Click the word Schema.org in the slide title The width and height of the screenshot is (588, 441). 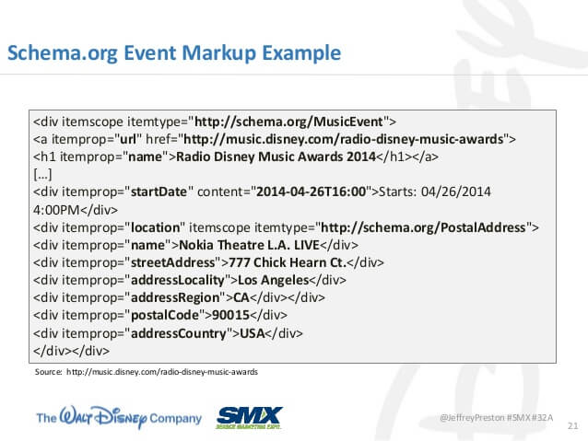(x=63, y=53)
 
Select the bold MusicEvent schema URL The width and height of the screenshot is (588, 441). (x=288, y=122)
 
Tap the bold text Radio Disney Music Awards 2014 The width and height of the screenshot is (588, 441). (x=276, y=157)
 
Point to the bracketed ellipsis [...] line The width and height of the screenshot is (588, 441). (x=42, y=174)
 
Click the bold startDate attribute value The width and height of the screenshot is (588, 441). (x=159, y=191)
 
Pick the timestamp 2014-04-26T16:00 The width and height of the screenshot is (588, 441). (x=311, y=191)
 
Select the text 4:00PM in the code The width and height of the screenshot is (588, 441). (x=56, y=210)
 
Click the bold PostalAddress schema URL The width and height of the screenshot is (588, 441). (x=423, y=227)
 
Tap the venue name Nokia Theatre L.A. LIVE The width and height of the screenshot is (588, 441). (x=249, y=245)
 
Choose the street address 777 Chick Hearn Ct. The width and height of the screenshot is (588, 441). (x=288, y=262)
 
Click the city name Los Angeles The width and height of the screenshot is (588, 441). (x=274, y=280)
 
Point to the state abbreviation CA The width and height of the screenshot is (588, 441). (x=241, y=297)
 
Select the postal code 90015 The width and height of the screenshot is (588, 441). (x=231, y=315)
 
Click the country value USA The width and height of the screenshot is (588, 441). (x=253, y=333)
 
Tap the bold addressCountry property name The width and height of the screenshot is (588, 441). (x=179, y=333)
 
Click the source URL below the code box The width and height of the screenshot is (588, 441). (x=162, y=372)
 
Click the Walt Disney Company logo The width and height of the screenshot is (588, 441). (x=119, y=417)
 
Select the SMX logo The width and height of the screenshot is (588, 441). (x=250, y=417)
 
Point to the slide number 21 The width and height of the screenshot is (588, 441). (x=572, y=425)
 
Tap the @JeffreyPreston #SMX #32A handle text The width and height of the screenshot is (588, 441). (x=497, y=417)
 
